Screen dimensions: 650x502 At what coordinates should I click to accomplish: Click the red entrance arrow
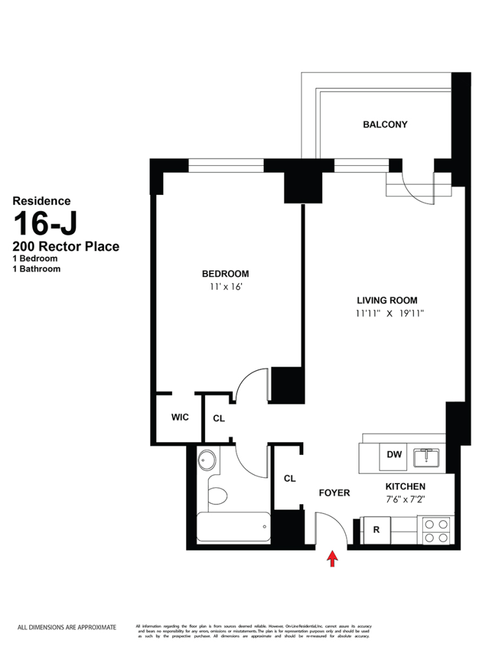(x=333, y=558)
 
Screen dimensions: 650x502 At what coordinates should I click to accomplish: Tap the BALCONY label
(x=385, y=124)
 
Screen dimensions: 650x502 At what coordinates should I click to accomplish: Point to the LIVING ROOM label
(x=387, y=300)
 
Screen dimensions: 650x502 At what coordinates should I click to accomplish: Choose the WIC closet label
(x=180, y=417)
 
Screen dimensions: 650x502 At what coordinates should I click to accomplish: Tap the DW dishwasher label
(x=394, y=455)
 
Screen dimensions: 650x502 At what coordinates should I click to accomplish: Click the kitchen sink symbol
(x=426, y=456)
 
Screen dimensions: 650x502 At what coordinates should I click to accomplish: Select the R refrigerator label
(x=376, y=530)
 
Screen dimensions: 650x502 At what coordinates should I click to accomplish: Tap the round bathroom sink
(x=208, y=461)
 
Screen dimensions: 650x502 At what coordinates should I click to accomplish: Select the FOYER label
(x=334, y=493)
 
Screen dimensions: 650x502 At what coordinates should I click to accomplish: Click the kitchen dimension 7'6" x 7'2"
(x=405, y=500)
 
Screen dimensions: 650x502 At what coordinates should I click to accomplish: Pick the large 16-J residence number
(x=45, y=224)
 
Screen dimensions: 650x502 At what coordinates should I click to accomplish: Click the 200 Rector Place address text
(x=66, y=247)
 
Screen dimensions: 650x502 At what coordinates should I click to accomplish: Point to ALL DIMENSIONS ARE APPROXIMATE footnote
(x=66, y=627)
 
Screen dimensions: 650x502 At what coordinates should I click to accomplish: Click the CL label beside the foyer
(x=290, y=478)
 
